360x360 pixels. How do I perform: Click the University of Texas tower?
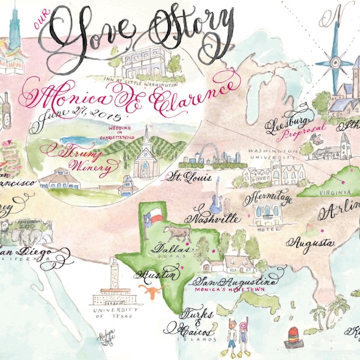pos(113,280)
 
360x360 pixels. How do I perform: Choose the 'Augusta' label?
pos(310,243)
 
